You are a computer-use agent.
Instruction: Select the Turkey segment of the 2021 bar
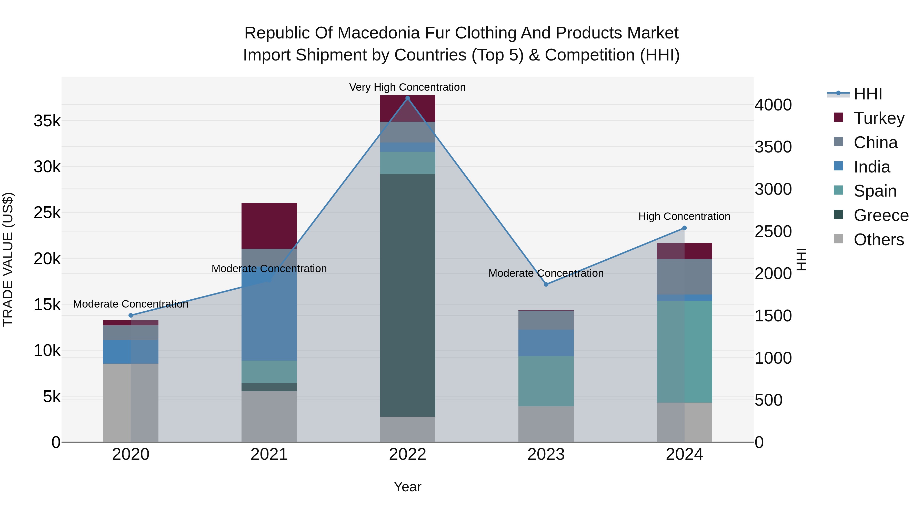pyautogui.click(x=269, y=226)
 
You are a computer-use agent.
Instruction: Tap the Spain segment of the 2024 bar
pyautogui.click(x=684, y=351)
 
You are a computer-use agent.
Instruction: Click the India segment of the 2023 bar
pyautogui.click(x=546, y=343)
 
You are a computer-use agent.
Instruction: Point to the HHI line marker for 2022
pyautogui.click(x=407, y=98)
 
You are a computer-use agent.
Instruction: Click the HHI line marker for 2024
pyautogui.click(x=684, y=228)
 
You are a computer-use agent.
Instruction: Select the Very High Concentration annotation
pyautogui.click(x=407, y=87)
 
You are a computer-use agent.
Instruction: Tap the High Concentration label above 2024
pyautogui.click(x=684, y=216)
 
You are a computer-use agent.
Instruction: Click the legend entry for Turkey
pyautogui.click(x=879, y=118)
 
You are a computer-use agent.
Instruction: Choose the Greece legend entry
pyautogui.click(x=881, y=215)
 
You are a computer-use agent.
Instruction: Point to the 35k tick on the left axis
pyautogui.click(x=47, y=121)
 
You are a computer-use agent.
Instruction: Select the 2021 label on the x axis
pyautogui.click(x=269, y=454)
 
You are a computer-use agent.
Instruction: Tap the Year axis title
pyautogui.click(x=407, y=487)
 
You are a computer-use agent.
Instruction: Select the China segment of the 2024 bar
pyautogui.click(x=684, y=277)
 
